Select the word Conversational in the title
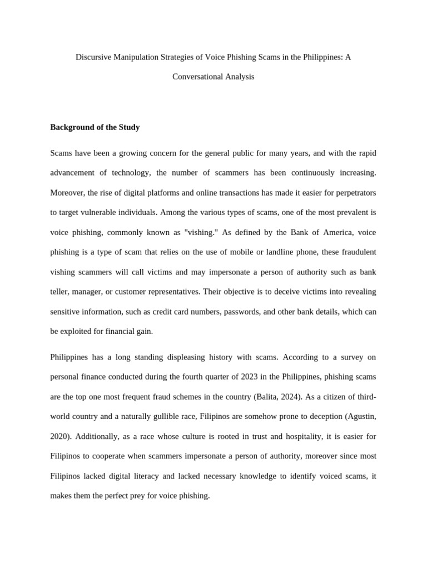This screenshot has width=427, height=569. point(197,77)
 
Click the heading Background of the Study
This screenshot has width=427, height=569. point(95,127)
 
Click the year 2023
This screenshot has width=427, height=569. point(249,377)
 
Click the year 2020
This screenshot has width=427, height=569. point(59,436)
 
